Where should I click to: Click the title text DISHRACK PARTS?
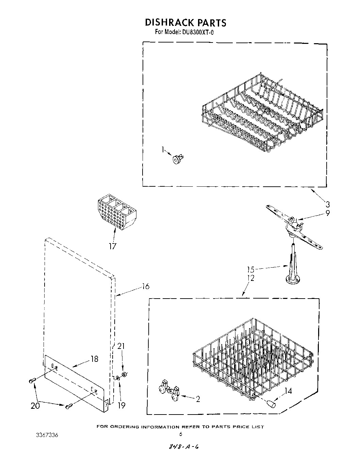pos(185,22)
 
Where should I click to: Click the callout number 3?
pos(327,204)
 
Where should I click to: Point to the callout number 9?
pos(327,214)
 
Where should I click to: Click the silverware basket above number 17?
pos(117,211)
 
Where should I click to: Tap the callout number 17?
pos(112,246)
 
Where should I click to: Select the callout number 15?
pos(250,270)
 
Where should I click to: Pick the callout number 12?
pos(250,278)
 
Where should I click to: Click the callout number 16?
pos(145,286)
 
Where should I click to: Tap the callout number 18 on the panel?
pos(94,359)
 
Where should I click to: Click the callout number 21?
pos(121,346)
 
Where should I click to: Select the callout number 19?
pos(121,405)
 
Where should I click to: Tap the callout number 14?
pos(288,391)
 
